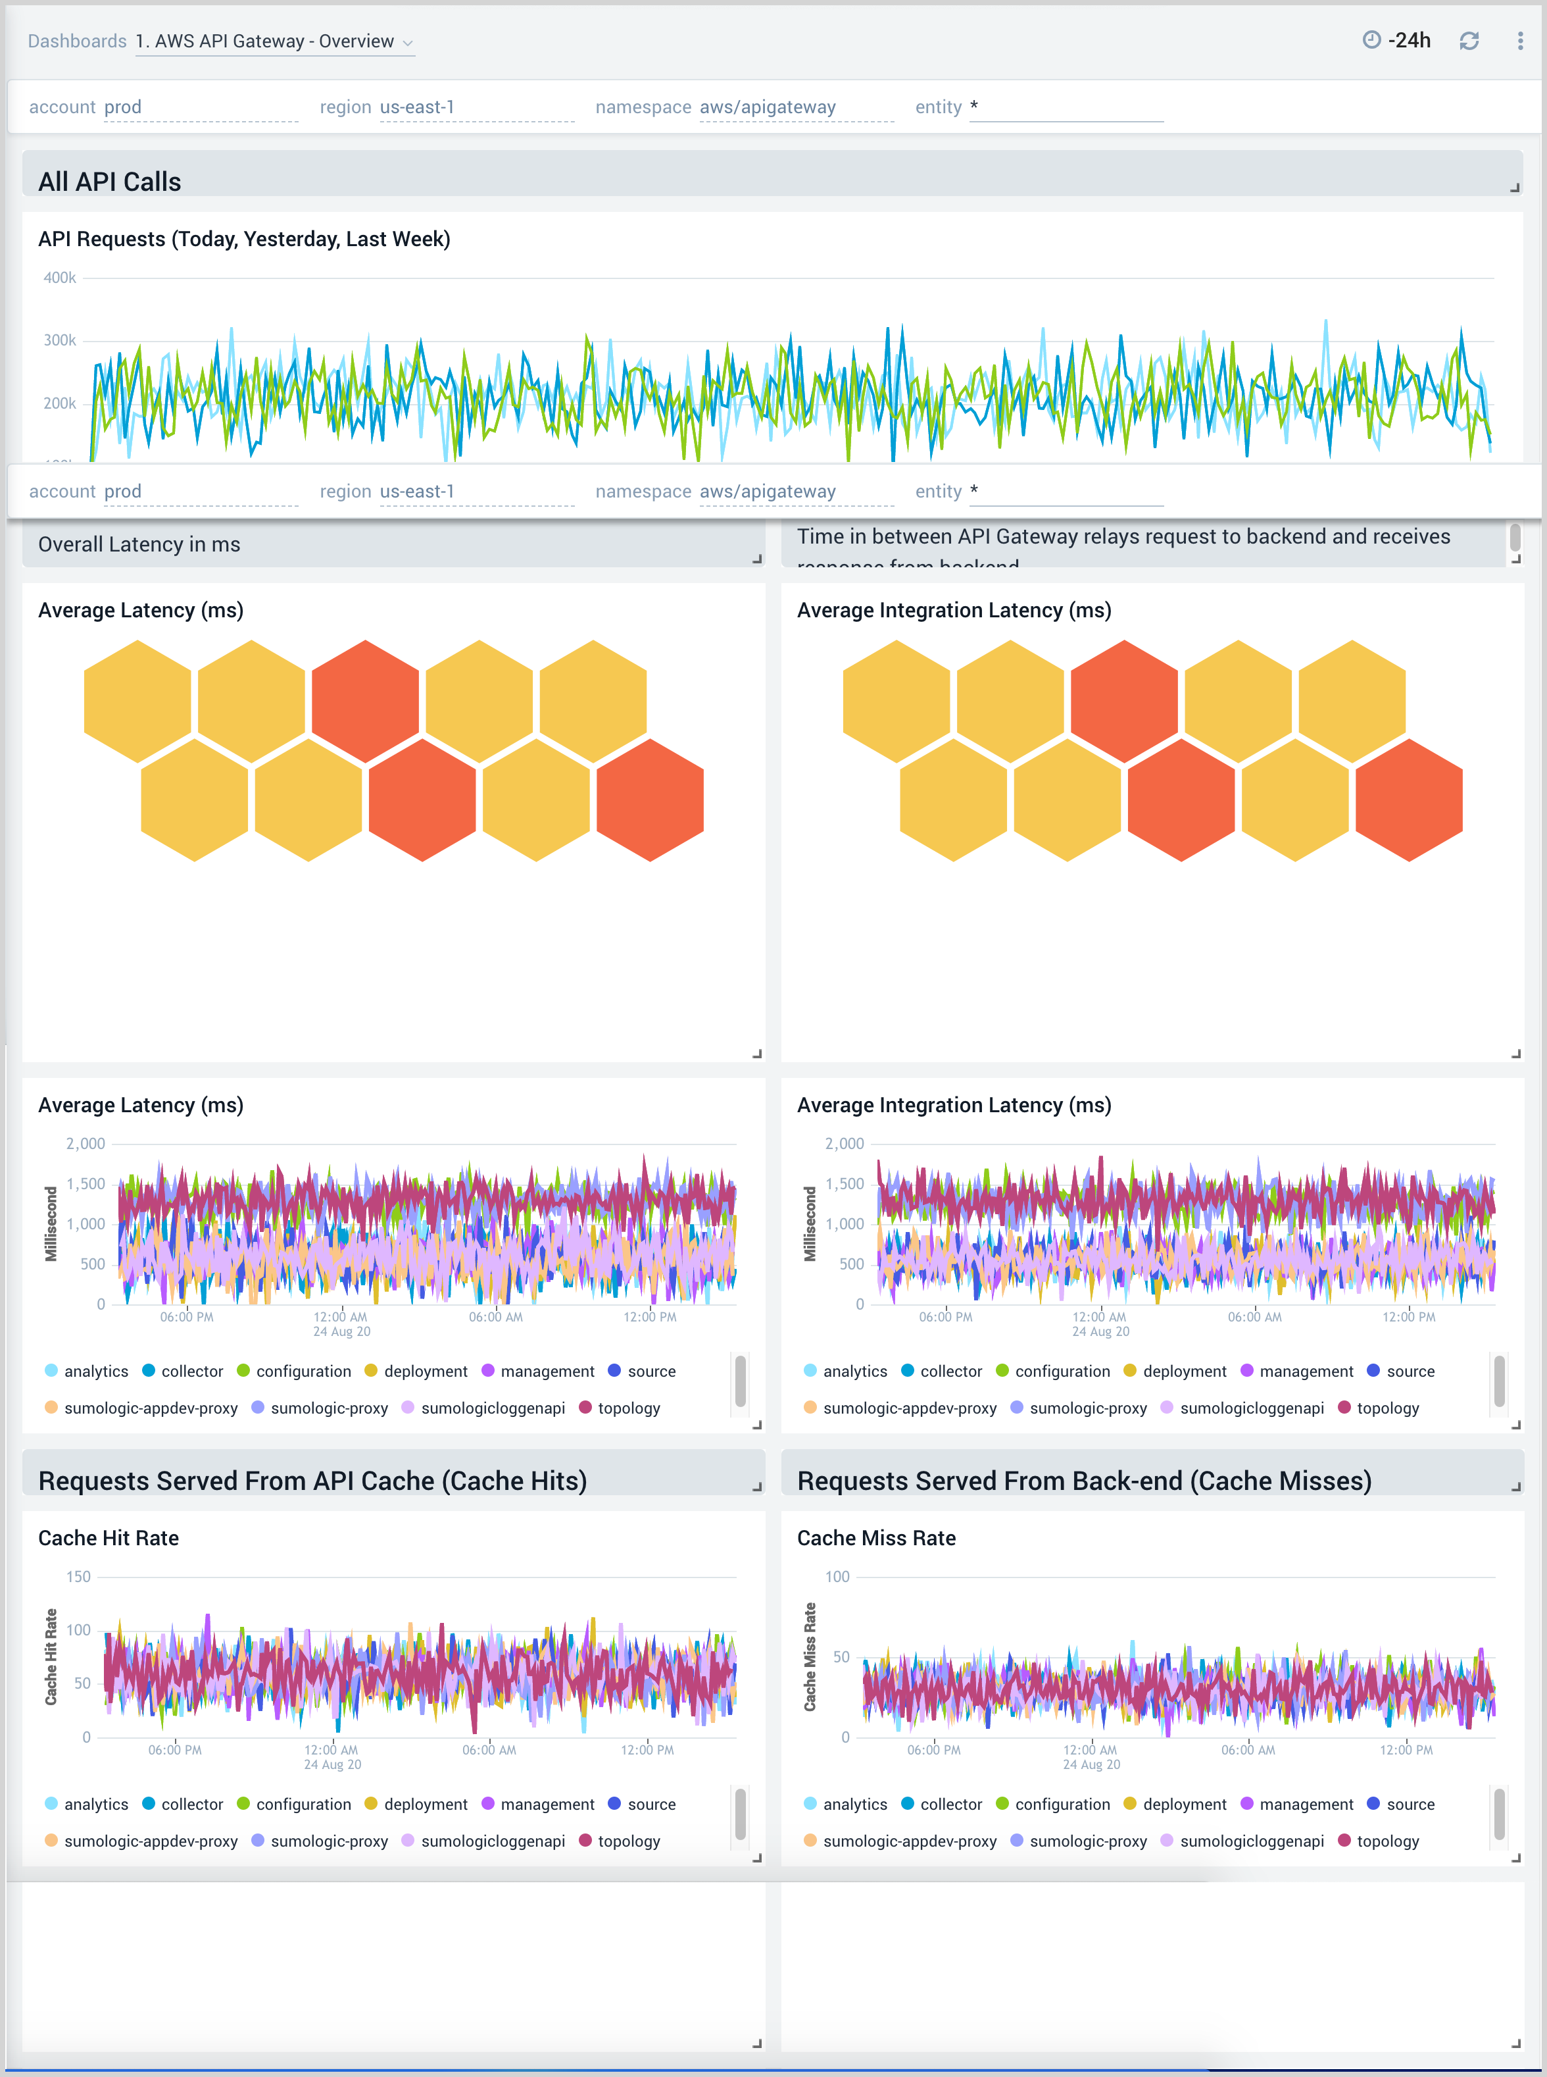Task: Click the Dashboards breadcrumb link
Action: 77,41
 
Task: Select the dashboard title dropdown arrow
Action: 407,43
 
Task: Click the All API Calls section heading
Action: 110,182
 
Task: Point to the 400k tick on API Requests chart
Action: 60,277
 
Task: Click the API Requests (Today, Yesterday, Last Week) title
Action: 243,239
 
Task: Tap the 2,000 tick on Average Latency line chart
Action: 86,1143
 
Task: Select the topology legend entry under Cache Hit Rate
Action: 627,1840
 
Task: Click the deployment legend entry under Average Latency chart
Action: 424,1371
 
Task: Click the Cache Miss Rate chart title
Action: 875,1537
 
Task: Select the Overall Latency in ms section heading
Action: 139,544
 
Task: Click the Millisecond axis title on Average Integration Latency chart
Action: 810,1223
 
